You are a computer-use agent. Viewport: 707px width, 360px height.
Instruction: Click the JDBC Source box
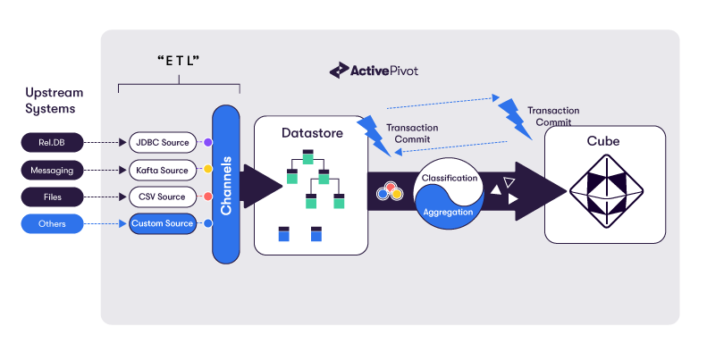click(162, 142)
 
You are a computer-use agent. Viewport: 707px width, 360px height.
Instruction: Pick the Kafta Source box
click(162, 170)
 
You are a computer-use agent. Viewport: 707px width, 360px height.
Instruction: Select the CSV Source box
click(162, 197)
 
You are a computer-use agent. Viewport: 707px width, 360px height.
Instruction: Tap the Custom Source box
click(162, 223)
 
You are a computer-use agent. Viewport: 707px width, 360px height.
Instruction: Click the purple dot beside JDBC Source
click(208, 142)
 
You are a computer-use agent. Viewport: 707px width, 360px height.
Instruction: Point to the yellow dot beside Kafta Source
click(208, 170)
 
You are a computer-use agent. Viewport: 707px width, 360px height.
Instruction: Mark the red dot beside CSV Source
click(208, 197)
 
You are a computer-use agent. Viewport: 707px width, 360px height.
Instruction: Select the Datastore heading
click(310, 132)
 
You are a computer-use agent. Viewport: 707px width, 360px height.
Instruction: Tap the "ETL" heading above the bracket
click(179, 62)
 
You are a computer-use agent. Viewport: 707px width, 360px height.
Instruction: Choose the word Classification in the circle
click(450, 179)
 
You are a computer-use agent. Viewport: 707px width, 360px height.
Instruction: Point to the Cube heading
click(604, 141)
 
